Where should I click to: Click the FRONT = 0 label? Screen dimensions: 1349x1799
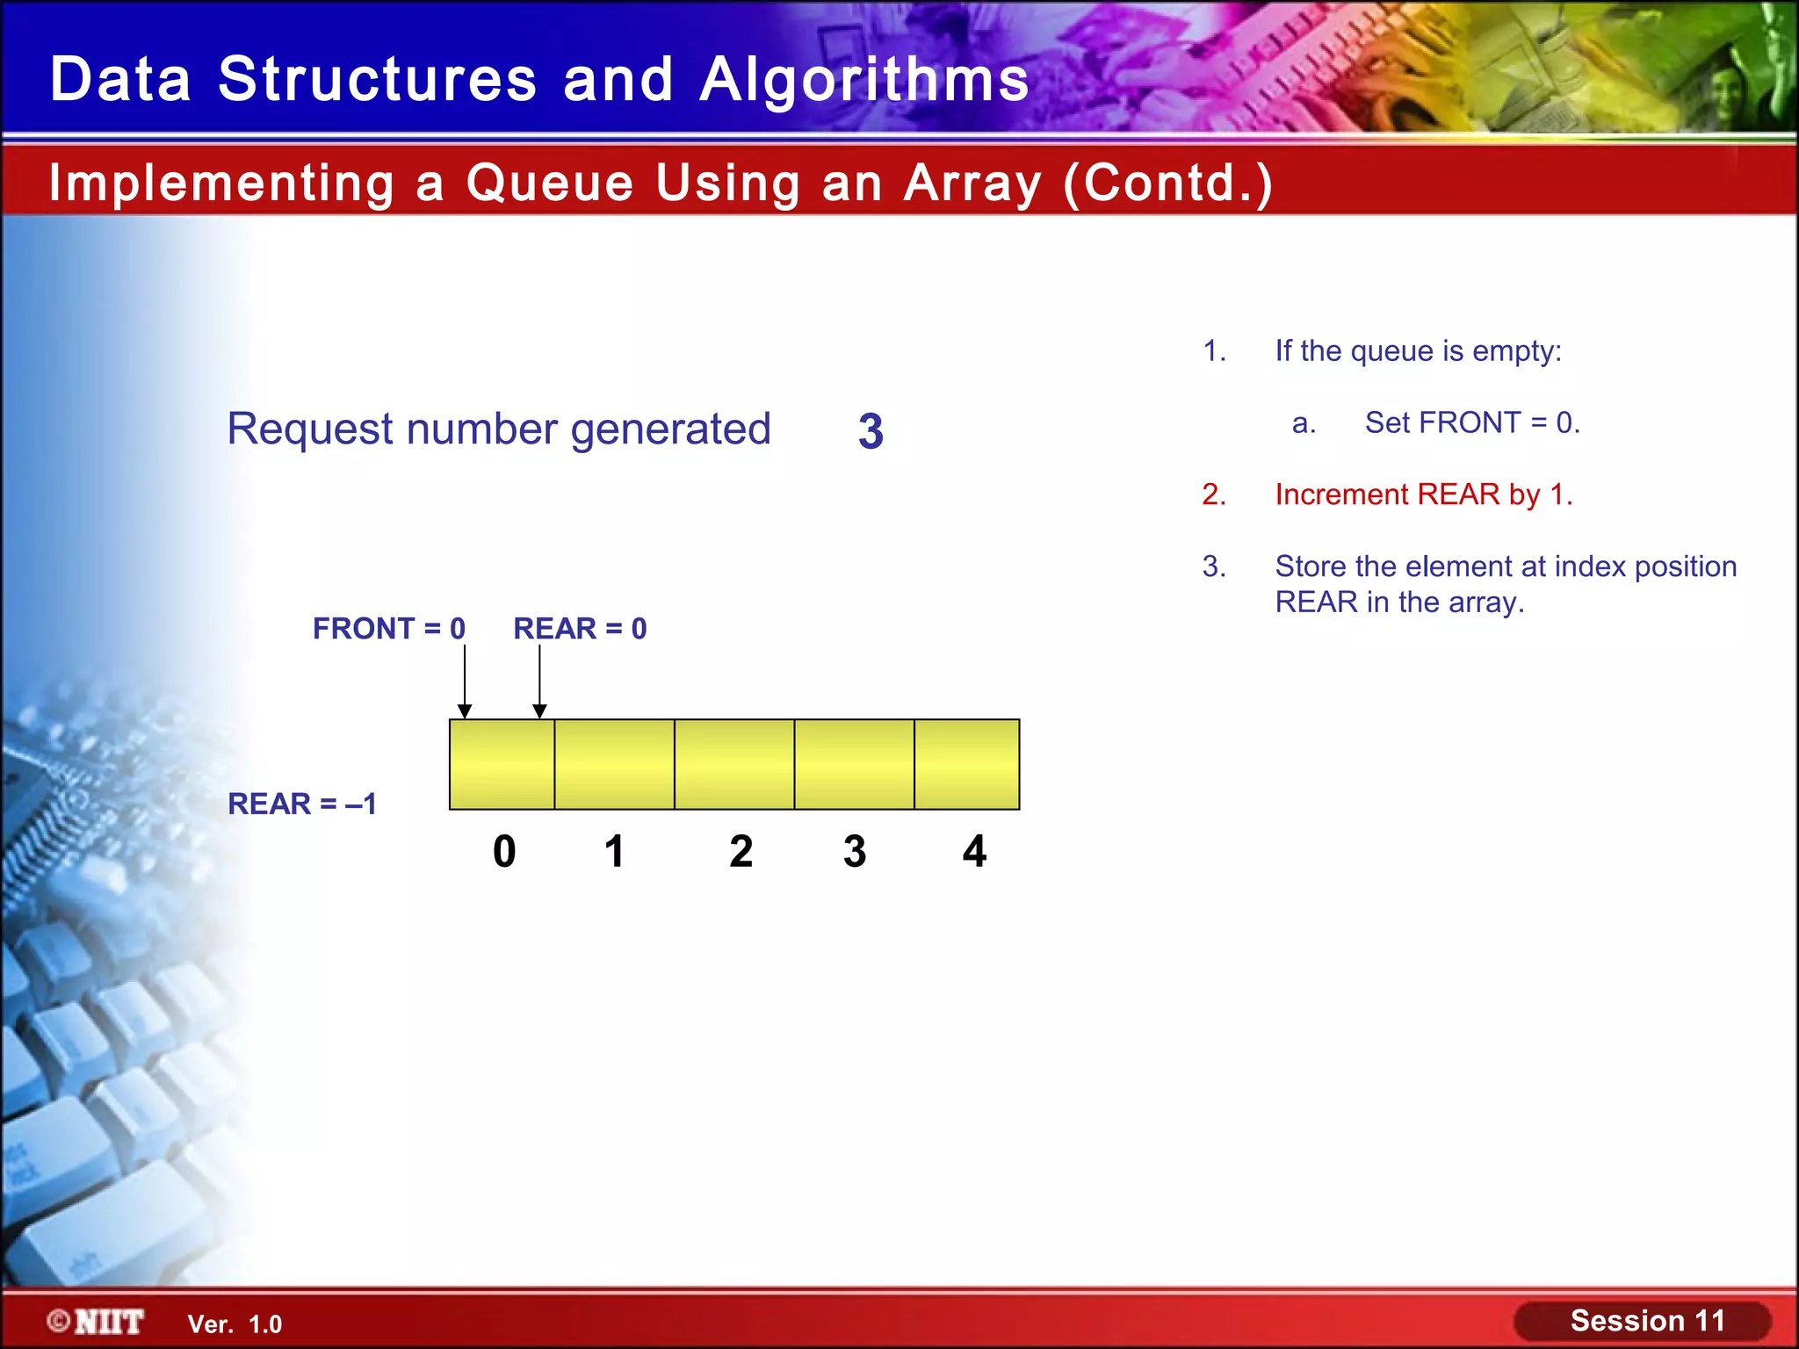pos(388,629)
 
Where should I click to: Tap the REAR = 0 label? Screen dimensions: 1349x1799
pos(580,629)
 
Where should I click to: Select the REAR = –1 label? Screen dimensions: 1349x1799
pos(302,804)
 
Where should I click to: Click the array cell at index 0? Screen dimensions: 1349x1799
pos(502,764)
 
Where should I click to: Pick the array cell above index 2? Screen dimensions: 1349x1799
pos(734,764)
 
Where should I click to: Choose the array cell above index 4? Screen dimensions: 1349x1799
pos(966,764)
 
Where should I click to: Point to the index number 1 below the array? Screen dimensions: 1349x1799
pos(614,851)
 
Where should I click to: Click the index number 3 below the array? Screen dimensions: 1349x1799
pos(855,851)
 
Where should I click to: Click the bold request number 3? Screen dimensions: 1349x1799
pos(871,431)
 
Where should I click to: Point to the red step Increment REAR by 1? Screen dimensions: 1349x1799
pos(1423,494)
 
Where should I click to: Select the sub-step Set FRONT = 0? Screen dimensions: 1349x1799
pos(1471,422)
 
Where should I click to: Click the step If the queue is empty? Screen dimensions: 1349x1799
pos(1418,350)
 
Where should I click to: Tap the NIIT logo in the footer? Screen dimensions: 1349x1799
pos(97,1322)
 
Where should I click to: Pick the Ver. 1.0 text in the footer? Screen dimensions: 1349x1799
pos(235,1324)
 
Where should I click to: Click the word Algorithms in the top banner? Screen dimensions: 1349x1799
pos(864,79)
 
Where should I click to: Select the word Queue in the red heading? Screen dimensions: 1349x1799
pos(550,183)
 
